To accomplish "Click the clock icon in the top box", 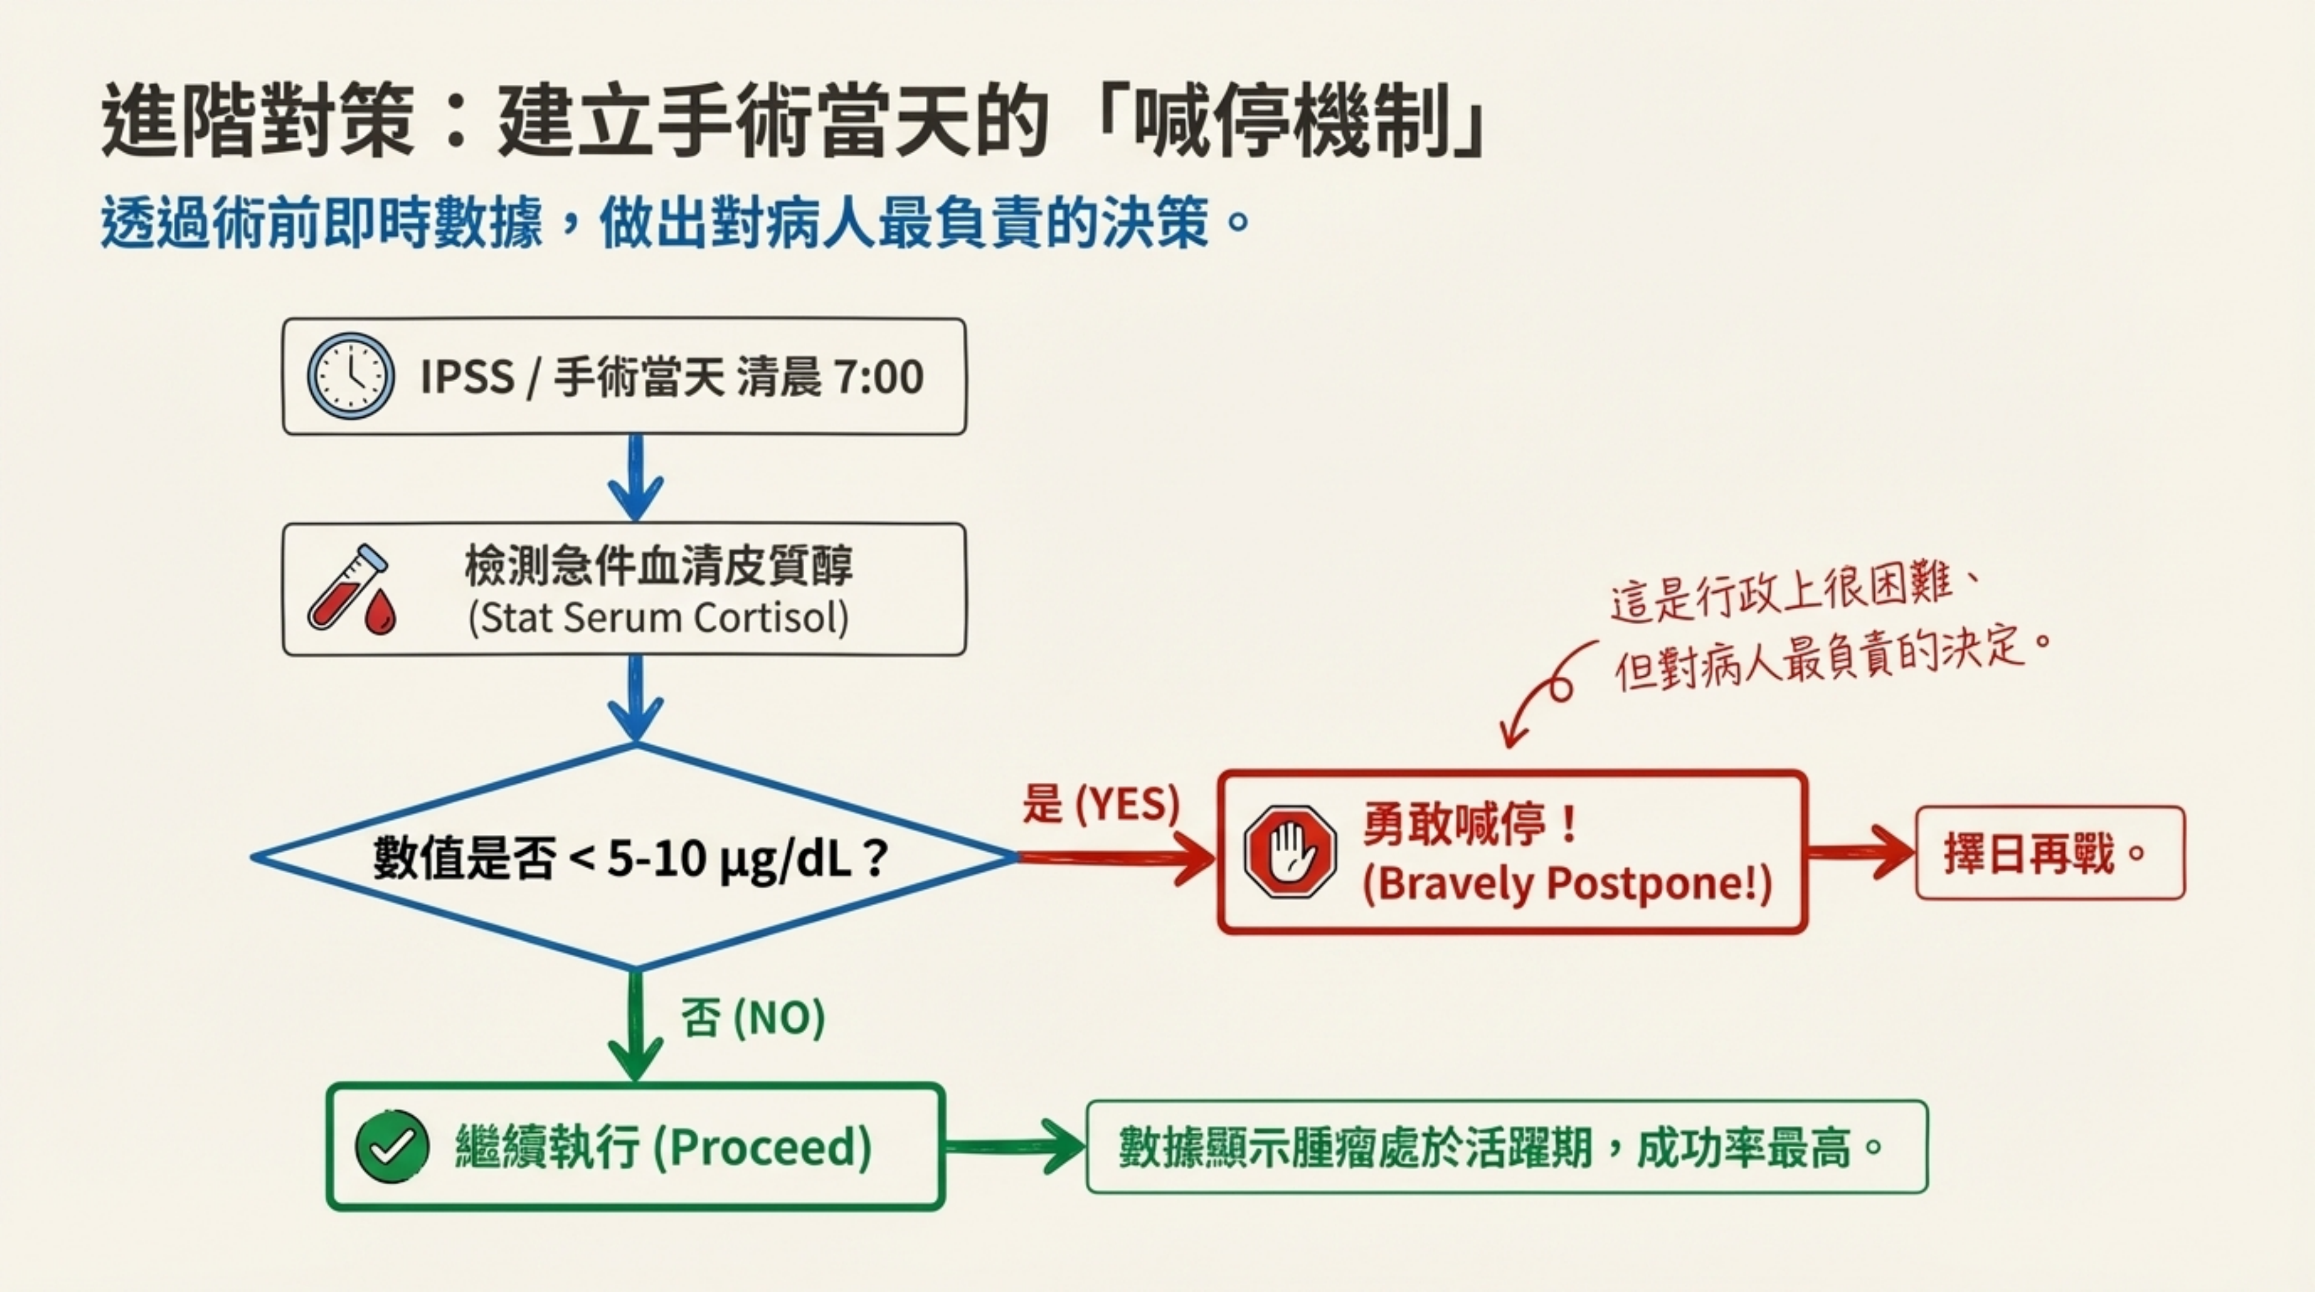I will tap(351, 377).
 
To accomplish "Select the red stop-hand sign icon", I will tap(1290, 851).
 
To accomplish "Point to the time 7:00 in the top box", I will tap(879, 377).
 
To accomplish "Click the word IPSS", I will tap(467, 377).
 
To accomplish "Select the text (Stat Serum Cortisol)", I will tap(658, 618).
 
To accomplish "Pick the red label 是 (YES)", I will tap(1100, 803).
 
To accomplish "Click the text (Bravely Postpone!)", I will tap(1567, 883).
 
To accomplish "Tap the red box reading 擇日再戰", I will tap(2050, 852).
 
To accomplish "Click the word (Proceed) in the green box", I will tap(762, 1147).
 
